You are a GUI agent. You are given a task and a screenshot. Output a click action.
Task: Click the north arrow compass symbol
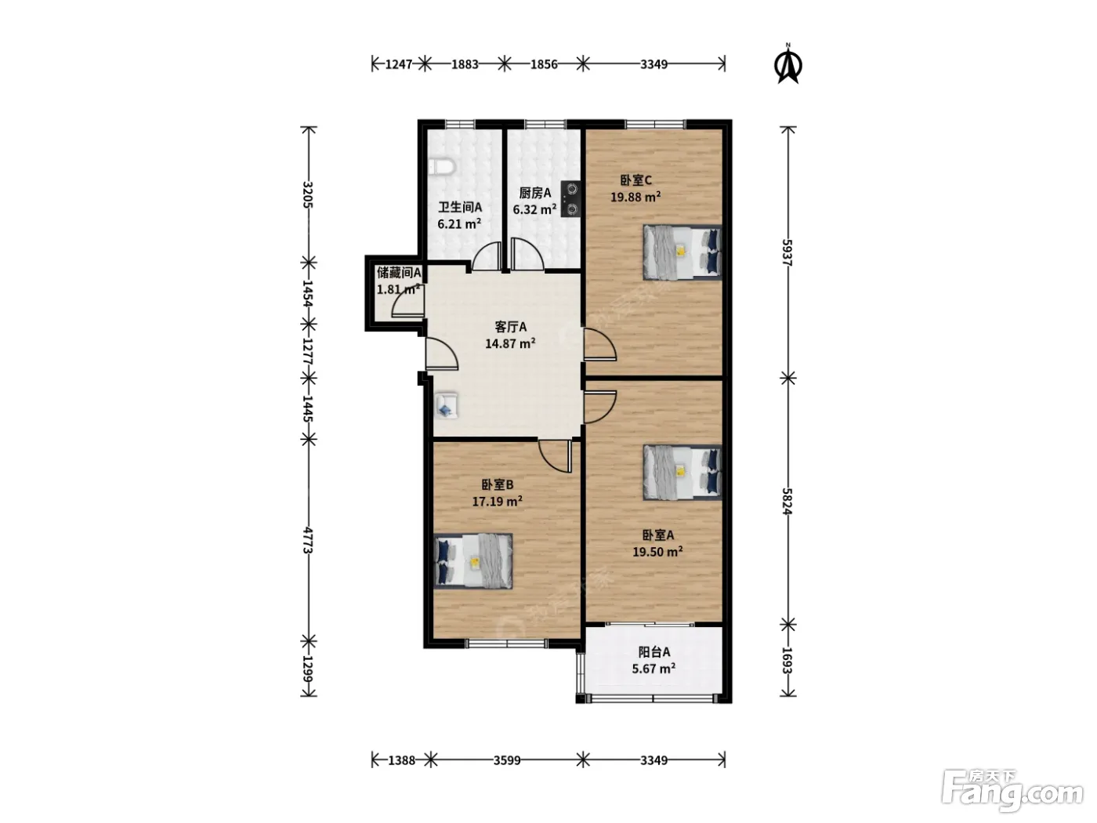[x=788, y=63]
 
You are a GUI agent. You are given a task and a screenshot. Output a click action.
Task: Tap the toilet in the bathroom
[x=441, y=167]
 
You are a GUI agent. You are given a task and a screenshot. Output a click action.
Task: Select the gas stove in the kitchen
[x=570, y=198]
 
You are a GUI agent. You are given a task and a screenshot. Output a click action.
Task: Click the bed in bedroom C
[x=682, y=252]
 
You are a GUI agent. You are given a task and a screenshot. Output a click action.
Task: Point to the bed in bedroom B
[x=473, y=561]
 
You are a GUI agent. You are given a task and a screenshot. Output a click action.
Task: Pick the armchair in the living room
[x=447, y=404]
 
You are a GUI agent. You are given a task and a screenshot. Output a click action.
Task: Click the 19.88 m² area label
[x=635, y=197]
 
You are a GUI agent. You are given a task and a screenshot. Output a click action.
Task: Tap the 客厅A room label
[x=510, y=327]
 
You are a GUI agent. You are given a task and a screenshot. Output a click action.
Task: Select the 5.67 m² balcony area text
[x=653, y=669]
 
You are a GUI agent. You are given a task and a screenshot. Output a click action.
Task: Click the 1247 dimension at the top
[x=398, y=64]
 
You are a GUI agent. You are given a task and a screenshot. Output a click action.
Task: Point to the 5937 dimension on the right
[x=787, y=252]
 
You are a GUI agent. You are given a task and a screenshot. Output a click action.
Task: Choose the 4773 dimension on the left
[x=308, y=540]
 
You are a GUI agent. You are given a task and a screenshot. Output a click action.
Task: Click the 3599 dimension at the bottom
[x=507, y=760]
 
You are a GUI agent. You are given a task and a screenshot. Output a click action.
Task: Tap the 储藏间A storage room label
[x=399, y=273]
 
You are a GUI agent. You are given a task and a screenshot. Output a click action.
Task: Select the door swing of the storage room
[x=408, y=303]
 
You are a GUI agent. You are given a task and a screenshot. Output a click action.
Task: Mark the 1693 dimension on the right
[x=787, y=661]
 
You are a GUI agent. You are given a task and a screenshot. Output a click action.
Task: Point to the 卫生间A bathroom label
[x=460, y=207]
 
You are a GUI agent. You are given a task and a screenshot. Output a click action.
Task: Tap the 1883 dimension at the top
[x=465, y=64]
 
